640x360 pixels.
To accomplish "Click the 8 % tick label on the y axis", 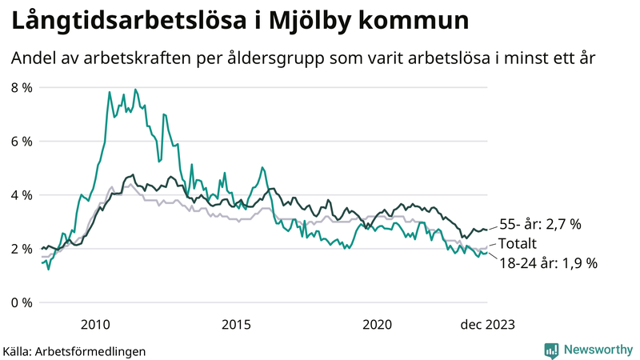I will click(21, 87).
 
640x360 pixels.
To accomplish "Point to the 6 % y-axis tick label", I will click(21, 141).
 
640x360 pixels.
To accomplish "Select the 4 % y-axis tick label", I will click(21, 195).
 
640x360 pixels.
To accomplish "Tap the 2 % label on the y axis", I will click(21, 249).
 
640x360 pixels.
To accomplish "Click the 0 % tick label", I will click(21, 302).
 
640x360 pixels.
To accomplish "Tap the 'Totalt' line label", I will click(518, 243).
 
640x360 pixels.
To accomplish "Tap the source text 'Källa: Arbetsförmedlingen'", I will click(74, 350).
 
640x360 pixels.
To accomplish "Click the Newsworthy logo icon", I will click(551, 350).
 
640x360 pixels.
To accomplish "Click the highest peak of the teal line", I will click(135, 90).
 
